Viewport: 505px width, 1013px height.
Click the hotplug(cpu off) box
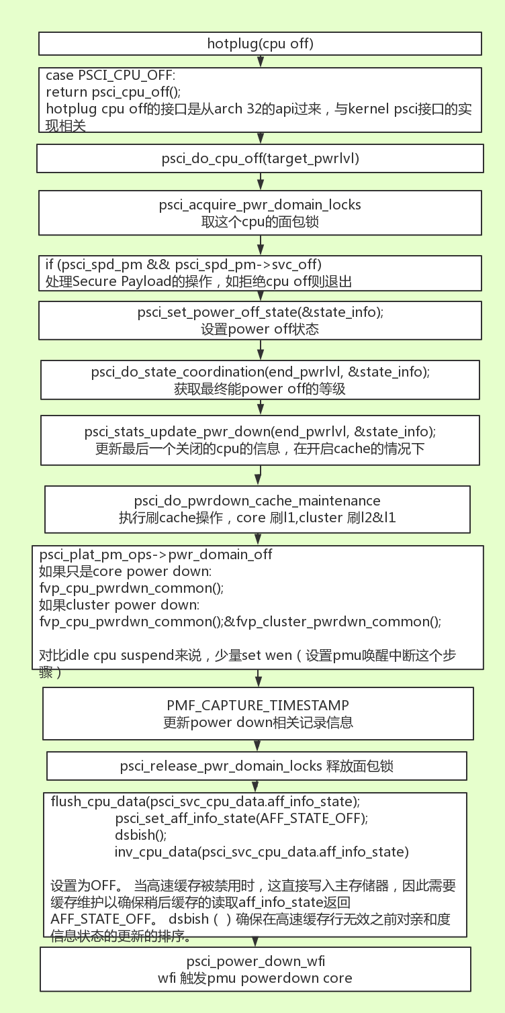(x=260, y=44)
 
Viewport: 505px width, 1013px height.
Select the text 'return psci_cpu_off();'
(x=113, y=91)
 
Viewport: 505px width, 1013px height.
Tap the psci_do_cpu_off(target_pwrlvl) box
(x=260, y=158)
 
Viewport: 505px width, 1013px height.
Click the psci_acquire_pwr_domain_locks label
(x=260, y=205)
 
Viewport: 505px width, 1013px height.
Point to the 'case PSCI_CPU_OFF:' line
(x=109, y=75)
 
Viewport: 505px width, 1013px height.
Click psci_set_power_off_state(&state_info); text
(x=260, y=312)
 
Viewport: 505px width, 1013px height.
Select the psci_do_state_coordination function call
(x=260, y=371)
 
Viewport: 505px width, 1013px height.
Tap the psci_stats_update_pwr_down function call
(x=260, y=431)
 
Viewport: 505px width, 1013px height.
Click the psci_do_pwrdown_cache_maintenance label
(x=257, y=501)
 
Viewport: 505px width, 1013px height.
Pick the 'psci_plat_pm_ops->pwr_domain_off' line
(x=156, y=555)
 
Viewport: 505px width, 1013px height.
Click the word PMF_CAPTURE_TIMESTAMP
(x=258, y=705)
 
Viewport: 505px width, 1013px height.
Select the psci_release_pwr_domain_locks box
(x=257, y=766)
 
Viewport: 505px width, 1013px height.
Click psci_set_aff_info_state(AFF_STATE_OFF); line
(x=242, y=818)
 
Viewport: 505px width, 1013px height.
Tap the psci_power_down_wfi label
(x=255, y=961)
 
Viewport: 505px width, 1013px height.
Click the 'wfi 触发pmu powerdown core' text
(x=255, y=978)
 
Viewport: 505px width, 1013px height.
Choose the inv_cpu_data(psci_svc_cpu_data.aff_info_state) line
(x=261, y=852)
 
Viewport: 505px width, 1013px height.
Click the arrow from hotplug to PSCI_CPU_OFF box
(x=261, y=61)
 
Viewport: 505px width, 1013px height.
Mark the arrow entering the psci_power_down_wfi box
(x=258, y=941)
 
